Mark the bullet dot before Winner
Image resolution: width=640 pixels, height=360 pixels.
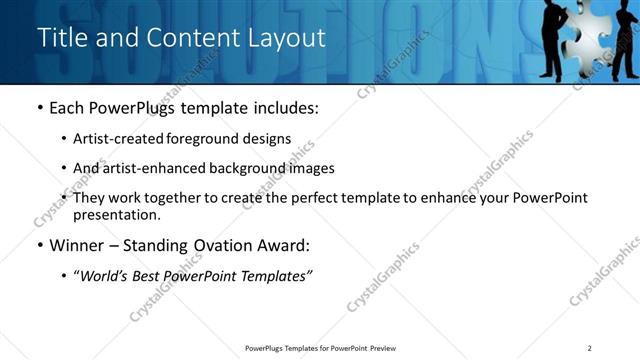click(40, 245)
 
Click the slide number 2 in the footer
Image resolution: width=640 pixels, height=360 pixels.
click(590, 348)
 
